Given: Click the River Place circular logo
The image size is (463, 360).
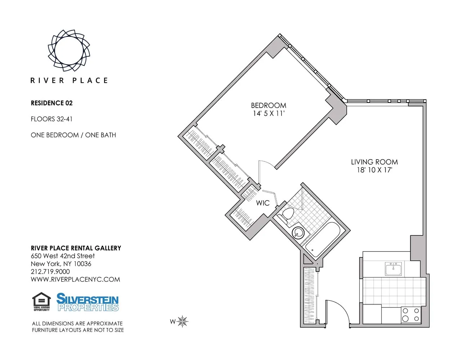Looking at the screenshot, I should pyautogui.click(x=69, y=50).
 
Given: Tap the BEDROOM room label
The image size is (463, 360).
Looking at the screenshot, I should pyautogui.click(x=268, y=105).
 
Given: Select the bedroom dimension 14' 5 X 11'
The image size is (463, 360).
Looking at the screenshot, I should pyautogui.click(x=268, y=114).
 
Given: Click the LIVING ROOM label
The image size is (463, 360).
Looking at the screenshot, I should pyautogui.click(x=374, y=162).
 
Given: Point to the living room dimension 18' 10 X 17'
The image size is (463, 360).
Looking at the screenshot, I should pyautogui.click(x=374, y=170).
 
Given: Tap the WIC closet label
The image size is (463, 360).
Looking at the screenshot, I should pyautogui.click(x=263, y=203).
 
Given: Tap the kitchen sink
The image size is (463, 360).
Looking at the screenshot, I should pyautogui.click(x=393, y=269).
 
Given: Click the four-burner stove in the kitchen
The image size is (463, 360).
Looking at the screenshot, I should pyautogui.click(x=411, y=315).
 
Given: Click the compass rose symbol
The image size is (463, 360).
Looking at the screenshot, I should pyautogui.click(x=183, y=321).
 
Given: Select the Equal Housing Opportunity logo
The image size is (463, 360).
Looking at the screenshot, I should pyautogui.click(x=41, y=302).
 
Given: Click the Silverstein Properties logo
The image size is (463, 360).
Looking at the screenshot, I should pyautogui.click(x=88, y=302).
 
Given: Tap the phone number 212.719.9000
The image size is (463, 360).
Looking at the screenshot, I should pyautogui.click(x=50, y=272).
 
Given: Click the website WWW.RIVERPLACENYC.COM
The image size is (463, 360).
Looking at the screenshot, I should pyautogui.click(x=75, y=280).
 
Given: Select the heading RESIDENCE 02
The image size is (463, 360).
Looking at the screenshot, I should pyautogui.click(x=52, y=103).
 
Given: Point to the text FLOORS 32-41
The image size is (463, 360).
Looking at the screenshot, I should pyautogui.click(x=52, y=119).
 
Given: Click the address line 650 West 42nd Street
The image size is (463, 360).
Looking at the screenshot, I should pyautogui.click(x=63, y=256).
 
